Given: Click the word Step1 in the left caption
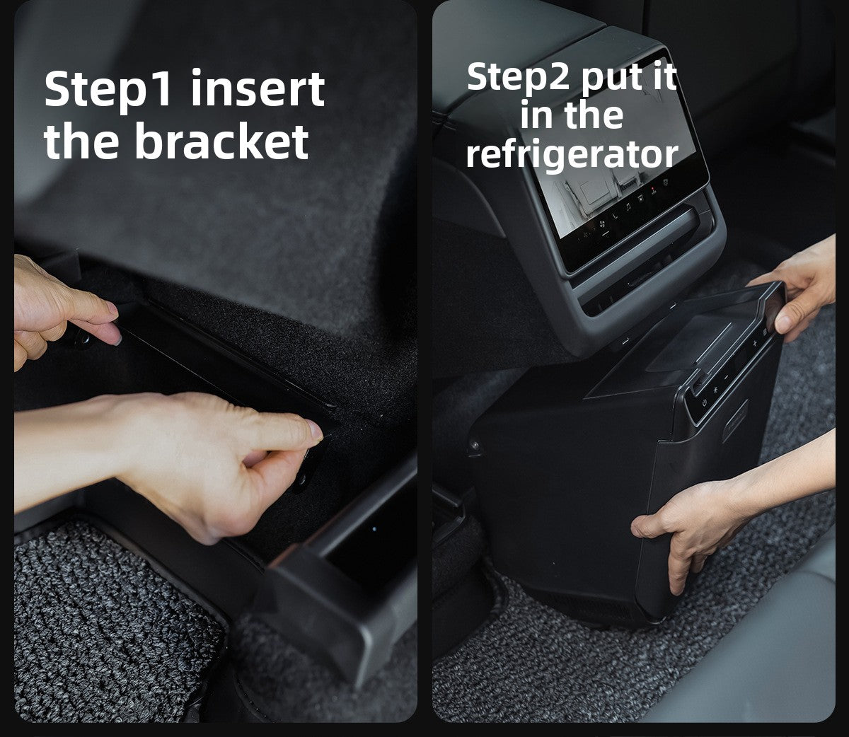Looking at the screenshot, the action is click(108, 91).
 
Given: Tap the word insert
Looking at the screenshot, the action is click(258, 88).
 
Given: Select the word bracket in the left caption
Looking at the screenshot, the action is click(222, 140).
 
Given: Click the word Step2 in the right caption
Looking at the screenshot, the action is click(518, 79).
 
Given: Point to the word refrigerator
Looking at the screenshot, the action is click(572, 156).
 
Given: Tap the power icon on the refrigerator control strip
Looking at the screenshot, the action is click(704, 402).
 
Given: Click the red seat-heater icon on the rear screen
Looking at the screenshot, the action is click(654, 190).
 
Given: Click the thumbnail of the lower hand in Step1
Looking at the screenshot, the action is click(316, 430).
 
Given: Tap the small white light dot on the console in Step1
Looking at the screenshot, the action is click(374, 529).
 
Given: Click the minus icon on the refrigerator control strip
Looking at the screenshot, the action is click(727, 378).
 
